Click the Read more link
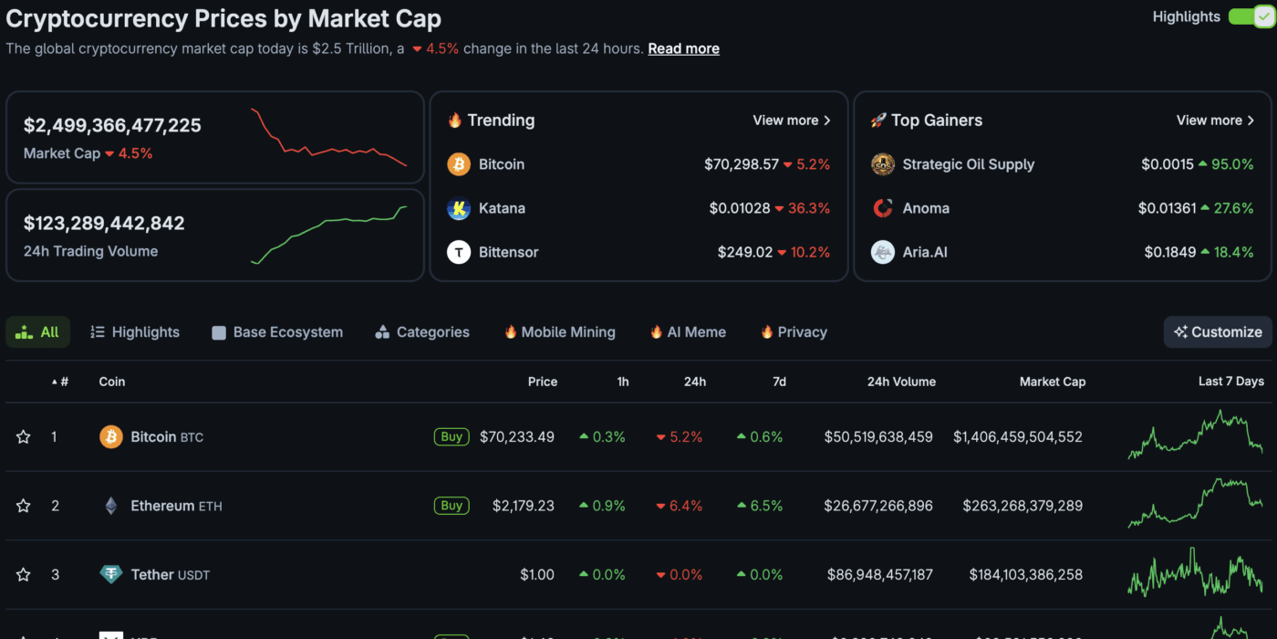tap(683, 48)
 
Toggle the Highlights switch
tap(1250, 16)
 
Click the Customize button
tap(1218, 332)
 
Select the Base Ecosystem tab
tap(277, 332)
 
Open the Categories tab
tap(422, 332)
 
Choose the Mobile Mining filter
tap(559, 332)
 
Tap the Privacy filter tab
tap(794, 332)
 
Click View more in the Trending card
tap(791, 120)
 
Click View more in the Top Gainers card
tap(1215, 120)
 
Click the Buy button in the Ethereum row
tap(452, 506)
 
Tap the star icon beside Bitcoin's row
tap(24, 437)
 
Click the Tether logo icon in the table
tap(111, 575)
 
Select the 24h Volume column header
tap(900, 382)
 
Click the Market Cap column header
tap(1052, 382)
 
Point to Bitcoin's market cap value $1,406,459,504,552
tap(1017, 437)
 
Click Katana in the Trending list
tap(502, 208)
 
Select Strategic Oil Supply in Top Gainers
tap(968, 164)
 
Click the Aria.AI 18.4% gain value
tap(1232, 252)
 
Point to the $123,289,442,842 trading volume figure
tap(104, 223)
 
